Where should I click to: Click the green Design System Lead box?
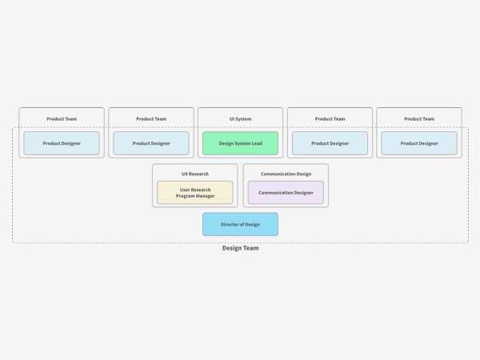pyautogui.click(x=240, y=143)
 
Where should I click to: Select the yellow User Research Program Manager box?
pyautogui.click(x=195, y=193)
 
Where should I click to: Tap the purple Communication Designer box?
pyautogui.click(x=286, y=193)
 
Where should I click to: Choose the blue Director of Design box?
pyautogui.click(x=240, y=224)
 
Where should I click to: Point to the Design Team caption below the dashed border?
pyautogui.click(x=240, y=248)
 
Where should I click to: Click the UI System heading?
pyautogui.click(x=240, y=118)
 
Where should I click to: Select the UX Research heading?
pyautogui.click(x=195, y=174)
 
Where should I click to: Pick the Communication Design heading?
pyautogui.click(x=286, y=174)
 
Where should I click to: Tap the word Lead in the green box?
pyautogui.click(x=257, y=143)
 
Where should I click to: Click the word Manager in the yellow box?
pyautogui.click(x=205, y=196)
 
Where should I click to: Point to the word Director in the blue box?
pyautogui.click(x=230, y=224)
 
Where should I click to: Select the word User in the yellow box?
pyautogui.click(x=185, y=190)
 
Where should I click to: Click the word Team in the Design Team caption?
pyautogui.click(x=250, y=248)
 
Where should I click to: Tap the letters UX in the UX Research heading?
pyautogui.click(x=185, y=174)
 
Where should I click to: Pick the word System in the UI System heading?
pyautogui.click(x=244, y=118)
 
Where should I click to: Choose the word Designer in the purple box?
pyautogui.click(x=303, y=193)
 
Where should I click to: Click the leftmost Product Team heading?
pyautogui.click(x=62, y=118)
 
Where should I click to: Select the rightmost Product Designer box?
pyautogui.click(x=419, y=143)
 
